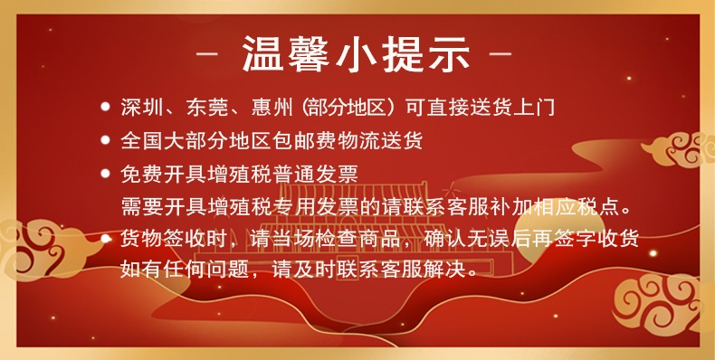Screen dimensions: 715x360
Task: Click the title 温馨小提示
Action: (356, 54)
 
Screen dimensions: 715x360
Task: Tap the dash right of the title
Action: (501, 54)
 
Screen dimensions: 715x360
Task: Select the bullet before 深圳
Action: (105, 107)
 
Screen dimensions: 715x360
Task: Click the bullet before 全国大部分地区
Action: (105, 140)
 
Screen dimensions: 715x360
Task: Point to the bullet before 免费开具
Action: (105, 174)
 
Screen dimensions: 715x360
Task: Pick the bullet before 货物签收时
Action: (105, 239)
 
